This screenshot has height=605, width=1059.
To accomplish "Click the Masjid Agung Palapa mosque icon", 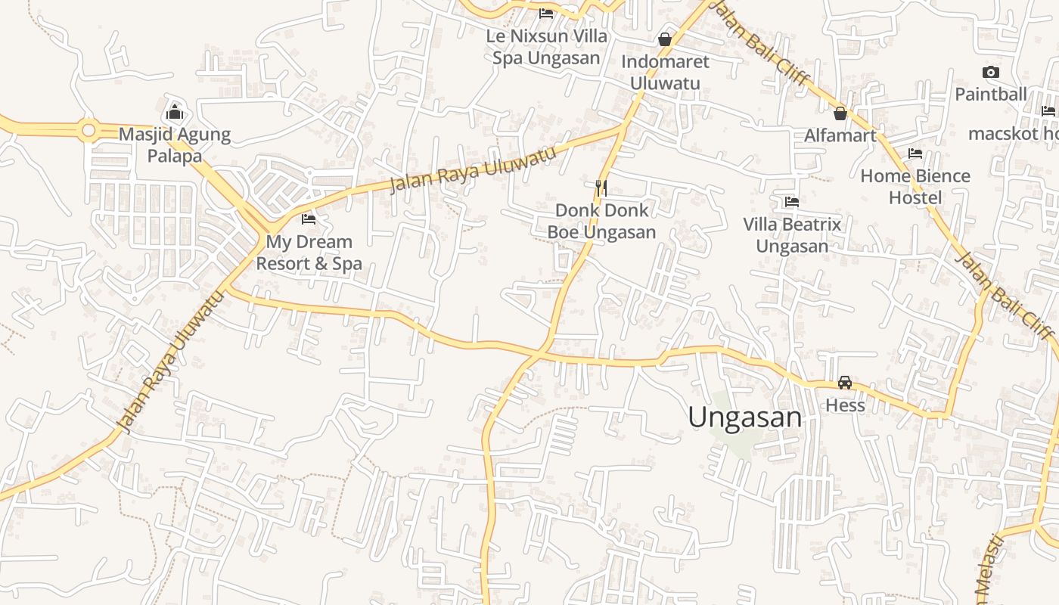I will (x=175, y=113).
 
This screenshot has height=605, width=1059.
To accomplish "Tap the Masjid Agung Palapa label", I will (x=175, y=145).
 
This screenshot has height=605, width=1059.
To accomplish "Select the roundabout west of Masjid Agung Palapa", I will (x=89, y=131).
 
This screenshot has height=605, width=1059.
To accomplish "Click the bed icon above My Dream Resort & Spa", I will (x=309, y=219).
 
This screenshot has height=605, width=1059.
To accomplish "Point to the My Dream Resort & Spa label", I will (x=309, y=253).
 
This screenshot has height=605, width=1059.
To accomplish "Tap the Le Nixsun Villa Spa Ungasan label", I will (x=546, y=47).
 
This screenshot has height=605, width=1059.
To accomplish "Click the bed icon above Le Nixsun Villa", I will (x=546, y=14).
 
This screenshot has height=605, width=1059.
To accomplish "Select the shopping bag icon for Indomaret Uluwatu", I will (x=665, y=39).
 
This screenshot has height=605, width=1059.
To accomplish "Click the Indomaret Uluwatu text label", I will (x=665, y=72).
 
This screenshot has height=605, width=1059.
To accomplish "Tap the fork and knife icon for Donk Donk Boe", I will (x=601, y=187).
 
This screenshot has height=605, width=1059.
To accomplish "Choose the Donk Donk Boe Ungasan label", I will (x=601, y=221).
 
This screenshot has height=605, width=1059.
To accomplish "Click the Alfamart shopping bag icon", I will (x=840, y=113).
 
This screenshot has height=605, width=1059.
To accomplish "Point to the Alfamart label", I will (x=840, y=135).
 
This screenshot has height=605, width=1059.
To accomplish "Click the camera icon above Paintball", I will (x=991, y=73).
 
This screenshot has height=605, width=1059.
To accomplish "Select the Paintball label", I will (x=991, y=95).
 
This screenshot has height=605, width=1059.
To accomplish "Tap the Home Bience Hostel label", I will (x=915, y=187).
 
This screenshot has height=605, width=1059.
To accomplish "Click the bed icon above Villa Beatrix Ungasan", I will (x=792, y=202).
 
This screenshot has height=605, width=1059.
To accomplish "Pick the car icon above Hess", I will (x=845, y=383).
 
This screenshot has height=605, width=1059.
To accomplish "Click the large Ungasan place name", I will (x=744, y=417).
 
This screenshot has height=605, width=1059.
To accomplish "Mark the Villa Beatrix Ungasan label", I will (x=792, y=235).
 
